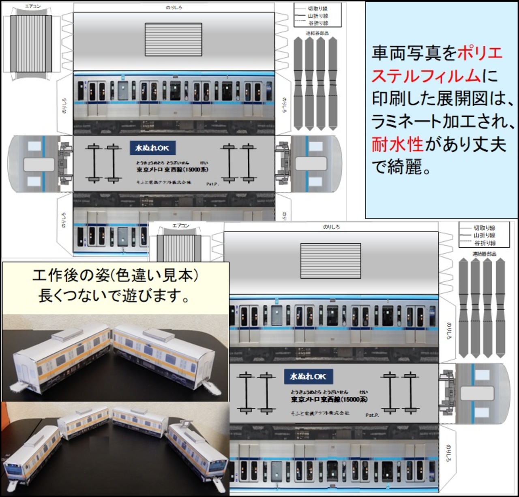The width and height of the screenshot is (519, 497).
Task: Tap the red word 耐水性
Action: pyautogui.click(x=397, y=144)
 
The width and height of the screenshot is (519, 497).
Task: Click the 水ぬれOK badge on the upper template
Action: pyautogui.click(x=152, y=148)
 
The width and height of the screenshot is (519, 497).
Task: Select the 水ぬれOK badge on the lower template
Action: pyautogui.click(x=308, y=377)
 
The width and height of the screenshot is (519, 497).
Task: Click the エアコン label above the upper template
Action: pyautogui.click(x=32, y=6)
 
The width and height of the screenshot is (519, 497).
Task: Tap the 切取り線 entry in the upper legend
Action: pyautogui.click(x=317, y=9)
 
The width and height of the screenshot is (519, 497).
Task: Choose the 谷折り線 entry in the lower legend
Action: pyautogui.click(x=485, y=243)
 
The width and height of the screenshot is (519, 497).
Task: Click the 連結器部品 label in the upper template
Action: pyautogui.click(x=317, y=33)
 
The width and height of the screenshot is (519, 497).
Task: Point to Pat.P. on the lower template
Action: pyautogui.click(x=372, y=415)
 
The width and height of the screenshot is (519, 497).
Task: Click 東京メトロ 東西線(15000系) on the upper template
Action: pyautogui.click(x=172, y=169)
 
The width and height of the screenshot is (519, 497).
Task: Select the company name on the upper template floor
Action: pyautogui.click(x=163, y=183)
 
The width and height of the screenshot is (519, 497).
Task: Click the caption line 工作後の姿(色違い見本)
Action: pyautogui.click(x=115, y=276)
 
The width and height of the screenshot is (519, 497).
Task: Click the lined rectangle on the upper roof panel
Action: pyautogui.click(x=173, y=39)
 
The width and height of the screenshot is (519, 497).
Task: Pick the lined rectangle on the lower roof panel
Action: pyautogui.click(x=330, y=261)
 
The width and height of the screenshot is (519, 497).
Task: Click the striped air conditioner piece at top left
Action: pyautogui.click(x=31, y=43)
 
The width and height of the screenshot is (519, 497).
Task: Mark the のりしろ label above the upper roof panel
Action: pyautogui.click(x=174, y=7)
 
